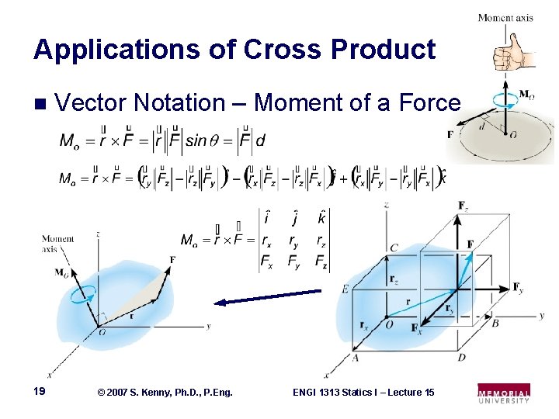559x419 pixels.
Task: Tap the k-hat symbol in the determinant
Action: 321,219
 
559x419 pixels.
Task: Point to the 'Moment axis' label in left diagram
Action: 58,244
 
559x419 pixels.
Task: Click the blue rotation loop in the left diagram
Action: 82,293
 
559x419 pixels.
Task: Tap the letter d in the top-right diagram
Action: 481,126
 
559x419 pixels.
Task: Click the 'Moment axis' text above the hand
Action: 505,17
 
